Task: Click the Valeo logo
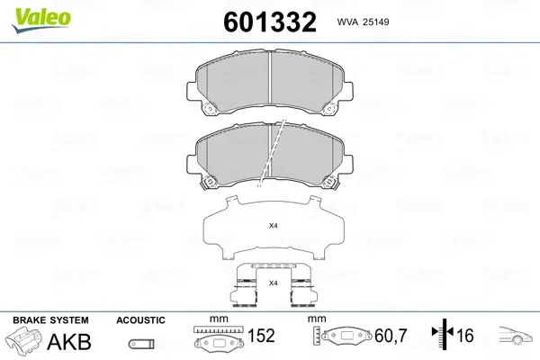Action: pyautogui.click(x=41, y=20)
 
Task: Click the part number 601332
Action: pyautogui.click(x=270, y=22)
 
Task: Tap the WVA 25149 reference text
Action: pyautogui.click(x=363, y=22)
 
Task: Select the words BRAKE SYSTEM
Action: pyautogui.click(x=50, y=320)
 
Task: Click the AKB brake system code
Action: pyautogui.click(x=69, y=342)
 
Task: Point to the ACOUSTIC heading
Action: pyautogui.click(x=140, y=320)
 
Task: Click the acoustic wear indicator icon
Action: pyautogui.click(x=141, y=344)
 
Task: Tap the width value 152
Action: pyautogui.click(x=261, y=335)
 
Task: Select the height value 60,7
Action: pyautogui.click(x=391, y=336)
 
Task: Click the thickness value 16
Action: pyautogui.click(x=465, y=335)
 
